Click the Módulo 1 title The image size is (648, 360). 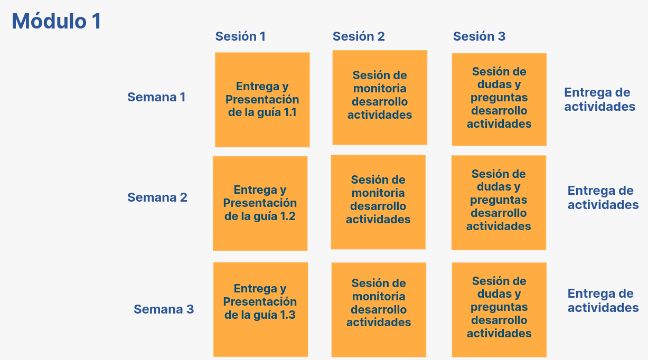(x=57, y=21)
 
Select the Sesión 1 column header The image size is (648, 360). (x=240, y=36)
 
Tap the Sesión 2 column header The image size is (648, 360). (x=359, y=36)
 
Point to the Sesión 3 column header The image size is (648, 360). (x=479, y=36)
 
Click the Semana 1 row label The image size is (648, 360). (x=156, y=97)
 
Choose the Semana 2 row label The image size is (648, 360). (x=157, y=197)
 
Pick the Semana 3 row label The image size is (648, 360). (x=164, y=309)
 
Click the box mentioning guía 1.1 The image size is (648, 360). (x=262, y=100)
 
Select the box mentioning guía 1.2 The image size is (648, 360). (x=260, y=204)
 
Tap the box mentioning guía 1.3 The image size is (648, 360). (x=261, y=310)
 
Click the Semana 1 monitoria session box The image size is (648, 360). (x=380, y=98)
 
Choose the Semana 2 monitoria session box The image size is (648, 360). (x=378, y=202)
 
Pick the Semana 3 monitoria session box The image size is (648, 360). (x=379, y=310)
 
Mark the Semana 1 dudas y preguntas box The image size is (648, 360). (x=499, y=99)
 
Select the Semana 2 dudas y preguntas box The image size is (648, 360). (x=499, y=203)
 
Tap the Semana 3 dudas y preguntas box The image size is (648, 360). (x=499, y=310)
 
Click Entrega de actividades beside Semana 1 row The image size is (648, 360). (x=600, y=99)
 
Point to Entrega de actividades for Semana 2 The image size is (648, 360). (x=603, y=198)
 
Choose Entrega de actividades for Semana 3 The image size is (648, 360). (x=603, y=301)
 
